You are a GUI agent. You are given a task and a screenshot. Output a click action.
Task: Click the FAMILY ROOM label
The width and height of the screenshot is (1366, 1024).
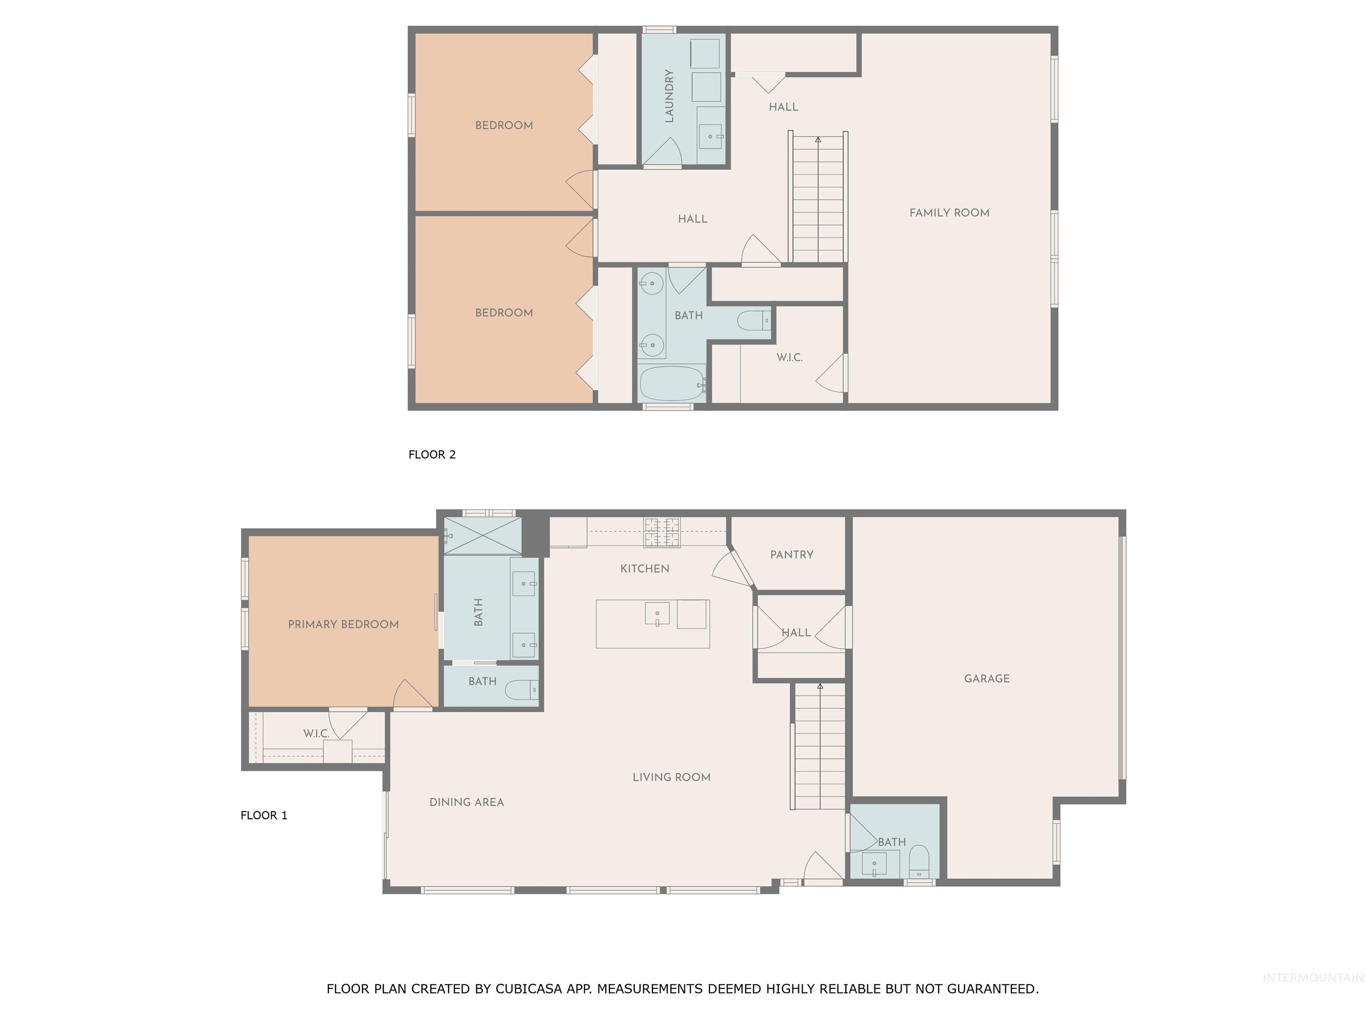(x=949, y=213)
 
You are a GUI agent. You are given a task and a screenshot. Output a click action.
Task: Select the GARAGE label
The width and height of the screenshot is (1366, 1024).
(x=986, y=678)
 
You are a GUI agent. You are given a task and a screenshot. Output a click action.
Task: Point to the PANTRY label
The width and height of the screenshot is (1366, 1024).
(x=791, y=554)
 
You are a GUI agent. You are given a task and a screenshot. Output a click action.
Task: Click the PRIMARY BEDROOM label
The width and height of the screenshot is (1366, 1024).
(x=343, y=624)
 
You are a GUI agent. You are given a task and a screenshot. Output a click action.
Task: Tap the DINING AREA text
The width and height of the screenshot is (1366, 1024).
(x=466, y=802)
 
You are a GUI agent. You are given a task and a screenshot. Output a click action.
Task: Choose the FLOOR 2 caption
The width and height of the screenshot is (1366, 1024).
(x=432, y=454)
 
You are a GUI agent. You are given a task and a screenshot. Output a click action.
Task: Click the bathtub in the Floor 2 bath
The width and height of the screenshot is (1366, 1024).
(x=671, y=384)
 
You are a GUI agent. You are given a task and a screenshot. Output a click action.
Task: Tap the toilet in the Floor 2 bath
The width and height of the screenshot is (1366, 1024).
(x=753, y=321)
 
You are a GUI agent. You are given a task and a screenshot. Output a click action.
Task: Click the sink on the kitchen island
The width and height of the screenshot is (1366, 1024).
(x=657, y=614)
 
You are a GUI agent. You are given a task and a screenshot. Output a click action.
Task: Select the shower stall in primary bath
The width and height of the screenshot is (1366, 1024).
(x=483, y=536)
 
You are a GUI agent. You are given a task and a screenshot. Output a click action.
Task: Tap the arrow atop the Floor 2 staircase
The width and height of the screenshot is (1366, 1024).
(x=818, y=140)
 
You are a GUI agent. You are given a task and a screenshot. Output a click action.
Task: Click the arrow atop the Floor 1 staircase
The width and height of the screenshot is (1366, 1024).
(x=820, y=686)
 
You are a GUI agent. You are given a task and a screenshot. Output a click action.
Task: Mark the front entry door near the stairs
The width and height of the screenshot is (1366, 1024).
(x=823, y=867)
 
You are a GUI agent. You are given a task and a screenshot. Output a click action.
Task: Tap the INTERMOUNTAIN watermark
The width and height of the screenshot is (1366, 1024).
(x=1312, y=978)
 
